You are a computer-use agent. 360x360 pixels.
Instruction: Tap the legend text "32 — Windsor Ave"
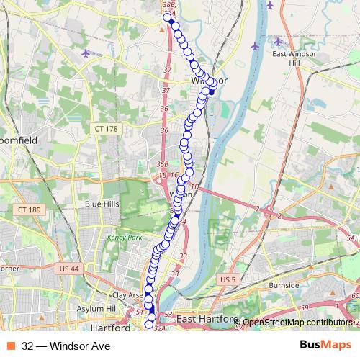66,346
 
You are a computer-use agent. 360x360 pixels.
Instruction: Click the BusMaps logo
324,346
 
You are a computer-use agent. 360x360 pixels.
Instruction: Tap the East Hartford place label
207,318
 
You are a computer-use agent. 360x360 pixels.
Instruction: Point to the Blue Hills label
102,204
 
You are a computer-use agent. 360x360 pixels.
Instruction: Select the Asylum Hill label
102,308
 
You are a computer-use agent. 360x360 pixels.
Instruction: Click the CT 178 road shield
105,128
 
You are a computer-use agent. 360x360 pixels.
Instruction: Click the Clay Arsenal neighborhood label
127,295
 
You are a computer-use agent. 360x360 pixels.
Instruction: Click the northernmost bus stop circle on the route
167,17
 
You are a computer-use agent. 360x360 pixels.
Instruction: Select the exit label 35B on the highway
162,164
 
